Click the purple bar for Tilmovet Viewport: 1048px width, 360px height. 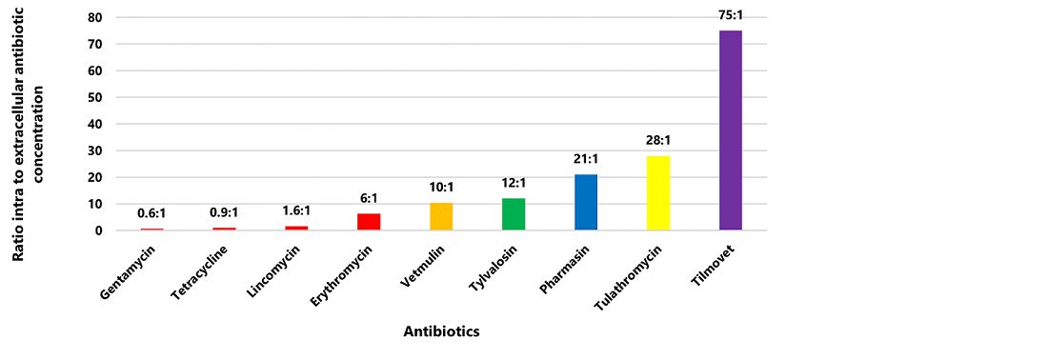730,130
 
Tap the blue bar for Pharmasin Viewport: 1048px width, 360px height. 586,202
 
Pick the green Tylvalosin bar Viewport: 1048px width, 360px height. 514,214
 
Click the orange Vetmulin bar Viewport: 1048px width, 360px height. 441,217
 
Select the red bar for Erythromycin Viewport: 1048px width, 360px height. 369,222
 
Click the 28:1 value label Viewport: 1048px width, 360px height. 658,139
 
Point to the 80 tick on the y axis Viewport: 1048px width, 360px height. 93,17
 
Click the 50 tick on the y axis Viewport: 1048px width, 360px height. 93,97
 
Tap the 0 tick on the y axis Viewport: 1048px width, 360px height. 97,230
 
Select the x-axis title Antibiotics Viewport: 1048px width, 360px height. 440,332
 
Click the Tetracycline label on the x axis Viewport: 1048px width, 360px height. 206,272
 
